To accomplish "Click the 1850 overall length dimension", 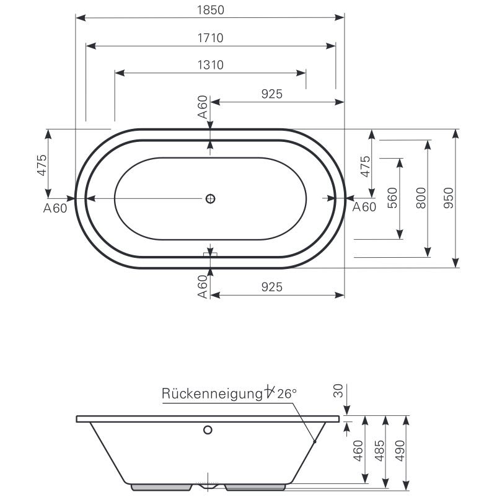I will point(210,10).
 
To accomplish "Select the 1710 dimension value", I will point(210,38).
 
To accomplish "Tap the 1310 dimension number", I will point(210,65).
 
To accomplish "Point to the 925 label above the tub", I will point(271,94).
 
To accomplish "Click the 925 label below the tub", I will point(271,287).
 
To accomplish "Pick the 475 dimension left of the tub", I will point(42,166).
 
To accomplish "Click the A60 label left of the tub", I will point(55,208).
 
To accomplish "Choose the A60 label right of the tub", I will point(364,207).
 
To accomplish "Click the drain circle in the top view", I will point(210,198).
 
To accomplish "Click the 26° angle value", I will point(287,393).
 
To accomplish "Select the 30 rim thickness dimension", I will point(338,390).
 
